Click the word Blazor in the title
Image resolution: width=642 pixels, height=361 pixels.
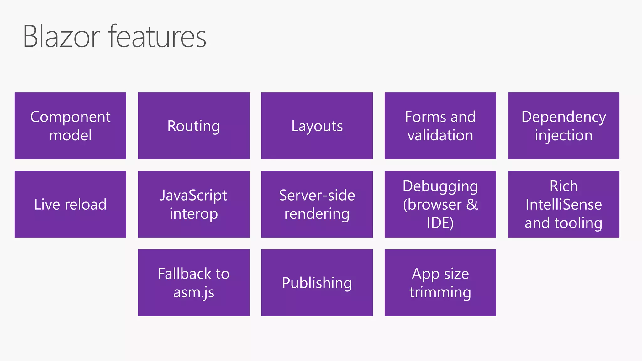tap(61, 37)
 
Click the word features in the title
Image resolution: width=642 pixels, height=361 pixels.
tap(157, 37)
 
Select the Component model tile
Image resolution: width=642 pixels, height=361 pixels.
tap(71, 126)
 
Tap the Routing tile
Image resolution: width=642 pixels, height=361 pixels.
tap(194, 126)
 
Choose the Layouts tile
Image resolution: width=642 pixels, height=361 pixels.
tap(317, 126)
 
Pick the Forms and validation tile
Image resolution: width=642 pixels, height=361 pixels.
tap(440, 126)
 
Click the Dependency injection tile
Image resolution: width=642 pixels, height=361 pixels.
tap(563, 126)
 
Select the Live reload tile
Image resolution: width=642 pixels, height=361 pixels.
tap(71, 204)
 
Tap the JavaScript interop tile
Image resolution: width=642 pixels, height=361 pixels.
tap(194, 204)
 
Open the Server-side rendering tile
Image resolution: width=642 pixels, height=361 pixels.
tap(317, 204)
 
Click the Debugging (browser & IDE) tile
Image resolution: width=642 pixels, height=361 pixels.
tap(440, 204)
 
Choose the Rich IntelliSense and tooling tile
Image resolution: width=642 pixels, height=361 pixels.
tap(563, 204)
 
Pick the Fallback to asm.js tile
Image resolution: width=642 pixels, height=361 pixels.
tap(194, 282)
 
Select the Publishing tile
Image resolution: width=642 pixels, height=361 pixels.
tap(317, 282)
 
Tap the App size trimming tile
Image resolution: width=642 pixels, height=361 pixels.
tap(440, 282)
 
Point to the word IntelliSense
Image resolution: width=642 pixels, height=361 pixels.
tap(563, 205)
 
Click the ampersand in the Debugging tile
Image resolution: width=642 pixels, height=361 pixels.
tap(472, 205)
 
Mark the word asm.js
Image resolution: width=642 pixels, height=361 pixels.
tap(194, 292)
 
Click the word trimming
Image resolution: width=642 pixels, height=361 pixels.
tap(440, 292)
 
